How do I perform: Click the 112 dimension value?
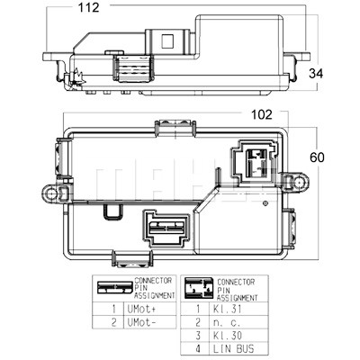[x=88, y=7]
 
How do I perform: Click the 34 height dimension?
[x=316, y=74]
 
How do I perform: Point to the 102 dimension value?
[x=262, y=114]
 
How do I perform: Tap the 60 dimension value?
[x=317, y=157]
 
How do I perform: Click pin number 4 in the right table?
[x=198, y=349]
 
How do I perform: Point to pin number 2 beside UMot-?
[x=113, y=322]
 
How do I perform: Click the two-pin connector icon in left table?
[x=115, y=288]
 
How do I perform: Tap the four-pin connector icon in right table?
[x=198, y=288]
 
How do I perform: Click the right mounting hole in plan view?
[x=299, y=182]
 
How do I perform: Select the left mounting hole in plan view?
[x=52, y=193]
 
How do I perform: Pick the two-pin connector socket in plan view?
[x=166, y=228]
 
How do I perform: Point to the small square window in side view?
[x=167, y=41]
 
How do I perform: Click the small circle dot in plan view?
[x=265, y=203]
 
